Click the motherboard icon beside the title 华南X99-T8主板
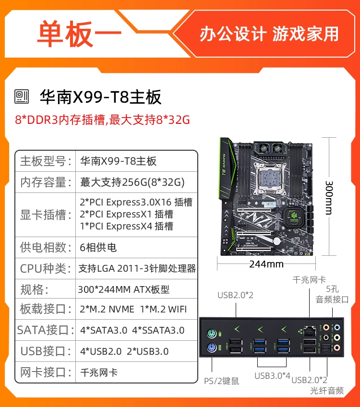(x=22, y=97)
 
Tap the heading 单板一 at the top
(x=79, y=34)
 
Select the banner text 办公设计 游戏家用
(x=269, y=34)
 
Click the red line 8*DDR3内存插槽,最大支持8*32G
(x=102, y=120)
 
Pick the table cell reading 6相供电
(x=98, y=247)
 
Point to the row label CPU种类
(x=45, y=268)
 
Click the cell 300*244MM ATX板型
(x=123, y=289)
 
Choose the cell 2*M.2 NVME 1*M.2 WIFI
(x=133, y=309)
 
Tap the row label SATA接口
(x=46, y=330)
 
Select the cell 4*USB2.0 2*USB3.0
(x=124, y=351)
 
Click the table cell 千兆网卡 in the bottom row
(x=99, y=372)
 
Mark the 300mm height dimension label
(x=329, y=198)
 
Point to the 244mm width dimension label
(x=266, y=264)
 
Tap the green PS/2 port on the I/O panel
(x=212, y=334)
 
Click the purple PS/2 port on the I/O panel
(x=212, y=347)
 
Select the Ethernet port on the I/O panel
(x=310, y=332)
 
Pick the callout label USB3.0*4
(x=272, y=376)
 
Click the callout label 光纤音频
(x=327, y=390)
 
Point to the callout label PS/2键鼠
(x=221, y=381)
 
